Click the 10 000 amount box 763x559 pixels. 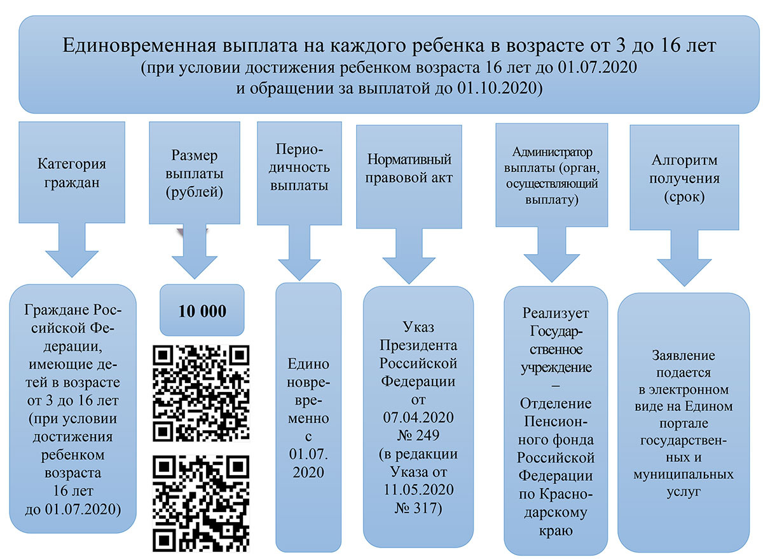(202, 311)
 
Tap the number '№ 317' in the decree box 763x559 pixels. (418, 508)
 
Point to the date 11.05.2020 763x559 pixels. (418, 490)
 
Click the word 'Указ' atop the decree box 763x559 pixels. (418, 328)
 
